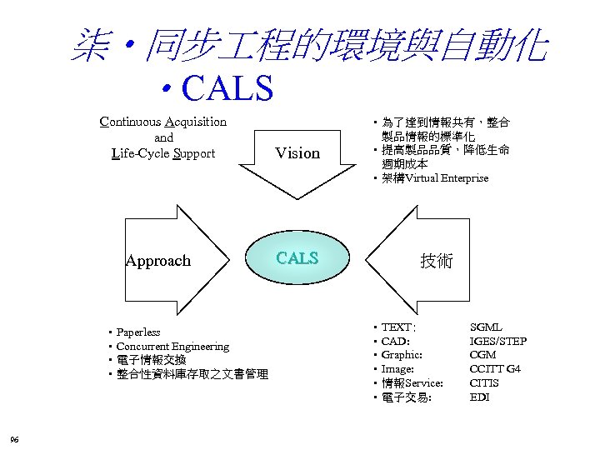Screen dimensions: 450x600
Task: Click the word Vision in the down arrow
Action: pos(297,153)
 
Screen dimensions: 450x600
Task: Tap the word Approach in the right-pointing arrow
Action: pos(157,261)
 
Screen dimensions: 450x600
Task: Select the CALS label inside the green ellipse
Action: pos(297,258)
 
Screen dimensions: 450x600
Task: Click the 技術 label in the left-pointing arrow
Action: pos(436,261)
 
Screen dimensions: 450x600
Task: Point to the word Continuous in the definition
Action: pos(131,122)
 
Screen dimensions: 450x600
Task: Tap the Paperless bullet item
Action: pos(138,332)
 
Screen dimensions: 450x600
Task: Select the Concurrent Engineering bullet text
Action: pos(172,346)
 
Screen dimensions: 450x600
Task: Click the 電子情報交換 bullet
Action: pos(151,360)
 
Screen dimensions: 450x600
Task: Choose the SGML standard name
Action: pos(486,327)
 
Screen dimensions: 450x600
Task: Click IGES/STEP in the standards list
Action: pos(498,342)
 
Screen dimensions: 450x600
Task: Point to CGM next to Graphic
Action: pos(483,355)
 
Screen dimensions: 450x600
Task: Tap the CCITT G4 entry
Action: pos(495,369)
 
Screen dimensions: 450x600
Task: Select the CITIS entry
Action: pos(484,383)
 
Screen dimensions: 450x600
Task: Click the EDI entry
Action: pos(479,397)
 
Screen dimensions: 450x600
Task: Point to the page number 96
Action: pos(14,439)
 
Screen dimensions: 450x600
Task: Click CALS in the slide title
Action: pos(227,87)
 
